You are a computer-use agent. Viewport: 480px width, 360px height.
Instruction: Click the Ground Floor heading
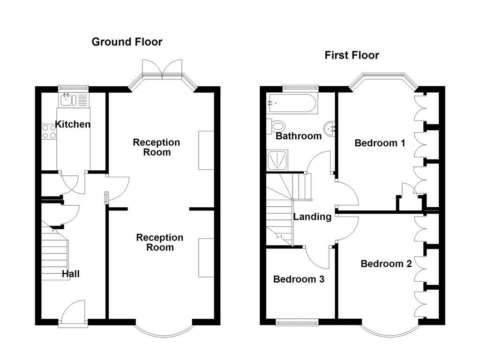click(x=127, y=42)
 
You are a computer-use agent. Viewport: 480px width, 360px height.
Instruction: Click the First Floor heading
click(x=352, y=55)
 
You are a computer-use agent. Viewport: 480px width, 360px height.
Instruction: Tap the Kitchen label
click(x=73, y=124)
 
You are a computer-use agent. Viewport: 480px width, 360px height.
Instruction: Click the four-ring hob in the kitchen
click(x=49, y=131)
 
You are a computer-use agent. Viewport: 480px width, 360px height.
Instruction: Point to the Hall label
click(x=70, y=274)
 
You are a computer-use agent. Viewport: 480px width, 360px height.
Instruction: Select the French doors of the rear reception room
click(x=162, y=69)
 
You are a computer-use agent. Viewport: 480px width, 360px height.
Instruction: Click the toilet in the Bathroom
click(x=277, y=126)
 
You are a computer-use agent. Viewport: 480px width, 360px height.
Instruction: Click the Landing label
click(x=312, y=217)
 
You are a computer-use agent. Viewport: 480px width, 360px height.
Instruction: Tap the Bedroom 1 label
click(x=380, y=143)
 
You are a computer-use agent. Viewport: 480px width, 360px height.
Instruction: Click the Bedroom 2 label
click(x=386, y=264)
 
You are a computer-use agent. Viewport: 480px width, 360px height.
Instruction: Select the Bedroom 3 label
click(x=299, y=279)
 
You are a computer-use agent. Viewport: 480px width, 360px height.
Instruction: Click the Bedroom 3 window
click(x=297, y=322)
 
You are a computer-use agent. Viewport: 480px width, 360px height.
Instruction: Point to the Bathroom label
click(x=299, y=136)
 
